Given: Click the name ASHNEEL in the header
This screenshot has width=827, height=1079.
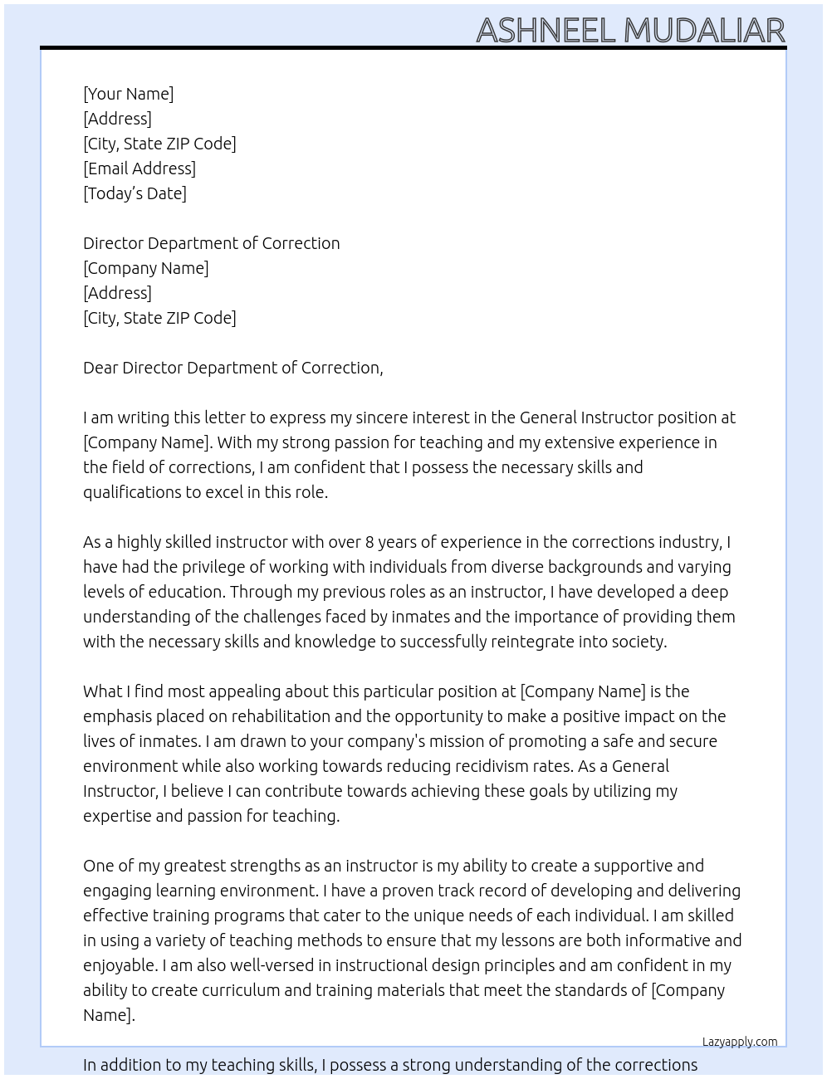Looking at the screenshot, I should (546, 30).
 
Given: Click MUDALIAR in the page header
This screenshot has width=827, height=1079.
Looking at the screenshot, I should (704, 30).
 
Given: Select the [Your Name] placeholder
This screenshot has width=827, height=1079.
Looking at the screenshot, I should (129, 94).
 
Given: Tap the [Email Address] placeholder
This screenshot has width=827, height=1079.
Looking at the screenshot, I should (139, 168).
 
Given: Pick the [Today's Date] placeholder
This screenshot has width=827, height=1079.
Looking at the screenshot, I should (135, 193).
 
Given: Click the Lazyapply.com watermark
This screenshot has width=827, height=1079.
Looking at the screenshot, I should (740, 1042).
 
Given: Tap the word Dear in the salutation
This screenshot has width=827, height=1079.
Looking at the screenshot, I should (100, 368).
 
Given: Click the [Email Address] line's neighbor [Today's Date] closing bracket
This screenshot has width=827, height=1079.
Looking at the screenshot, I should (184, 193).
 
